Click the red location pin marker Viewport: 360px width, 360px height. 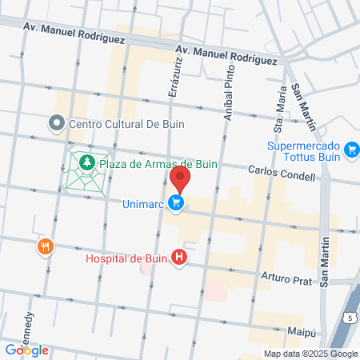(x=180, y=178)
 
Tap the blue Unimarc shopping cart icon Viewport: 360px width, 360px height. (x=177, y=204)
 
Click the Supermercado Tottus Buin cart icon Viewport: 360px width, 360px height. (x=350, y=149)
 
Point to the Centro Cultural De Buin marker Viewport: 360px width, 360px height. (x=56, y=124)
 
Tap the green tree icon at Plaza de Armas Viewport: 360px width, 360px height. (x=86, y=164)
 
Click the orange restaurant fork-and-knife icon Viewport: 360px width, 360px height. (x=45, y=246)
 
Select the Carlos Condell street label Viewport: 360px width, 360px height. (x=281, y=172)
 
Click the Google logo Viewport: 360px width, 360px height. (x=26, y=350)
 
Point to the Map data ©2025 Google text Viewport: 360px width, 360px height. (x=311, y=354)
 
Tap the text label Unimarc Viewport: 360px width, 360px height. (x=143, y=204)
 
